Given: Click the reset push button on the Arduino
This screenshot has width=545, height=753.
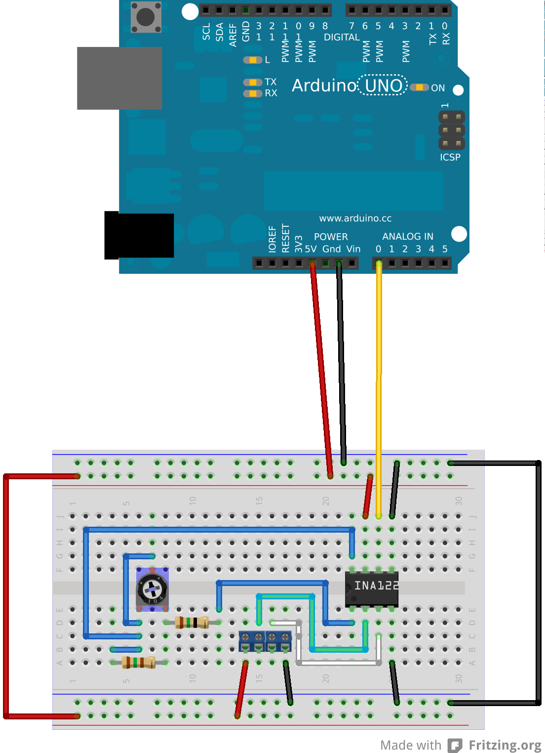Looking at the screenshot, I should click(x=146, y=17).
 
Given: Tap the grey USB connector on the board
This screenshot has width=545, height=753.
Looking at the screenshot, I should click(x=119, y=78).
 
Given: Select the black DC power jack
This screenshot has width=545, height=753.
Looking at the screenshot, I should click(x=139, y=235).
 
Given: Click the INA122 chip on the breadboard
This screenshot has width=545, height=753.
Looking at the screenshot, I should click(x=372, y=587).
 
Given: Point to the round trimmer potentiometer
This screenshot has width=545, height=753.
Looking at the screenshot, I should click(x=152, y=589).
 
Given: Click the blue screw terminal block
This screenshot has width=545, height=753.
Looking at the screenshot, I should click(x=265, y=641).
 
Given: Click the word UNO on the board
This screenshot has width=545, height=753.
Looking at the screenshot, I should click(x=384, y=85).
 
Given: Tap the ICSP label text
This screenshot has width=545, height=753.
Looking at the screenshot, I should click(x=450, y=157).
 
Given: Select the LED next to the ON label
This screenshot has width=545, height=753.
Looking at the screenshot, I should click(x=419, y=87).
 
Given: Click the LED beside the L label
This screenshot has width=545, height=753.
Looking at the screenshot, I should click(x=253, y=60).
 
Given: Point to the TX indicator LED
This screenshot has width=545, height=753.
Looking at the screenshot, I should click(x=253, y=82).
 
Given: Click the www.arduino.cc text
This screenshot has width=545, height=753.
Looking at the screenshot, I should click(x=355, y=218).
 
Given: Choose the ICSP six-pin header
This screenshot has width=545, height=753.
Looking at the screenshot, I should click(x=452, y=130).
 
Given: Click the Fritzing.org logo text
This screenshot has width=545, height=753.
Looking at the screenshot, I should click(x=505, y=745).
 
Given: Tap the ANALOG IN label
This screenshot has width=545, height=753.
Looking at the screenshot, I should click(x=408, y=236).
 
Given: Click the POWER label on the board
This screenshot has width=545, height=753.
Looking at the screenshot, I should click(x=331, y=237).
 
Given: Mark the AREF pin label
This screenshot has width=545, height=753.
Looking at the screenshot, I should click(x=233, y=35).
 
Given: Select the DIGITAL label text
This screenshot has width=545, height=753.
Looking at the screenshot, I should click(x=342, y=37).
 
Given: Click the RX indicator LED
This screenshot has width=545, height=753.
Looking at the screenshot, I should click(x=253, y=93).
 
